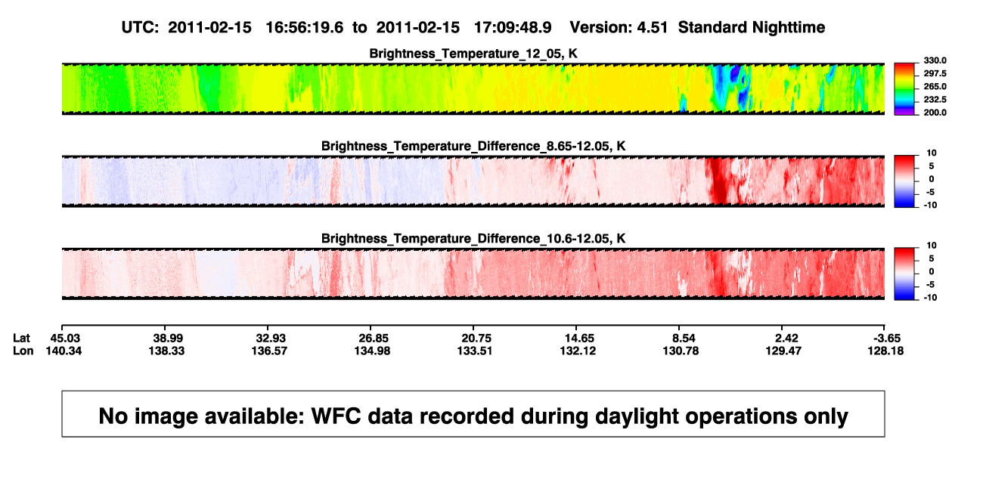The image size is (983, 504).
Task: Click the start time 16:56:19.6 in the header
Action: [304, 28]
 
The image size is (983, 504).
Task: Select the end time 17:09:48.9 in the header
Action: [513, 28]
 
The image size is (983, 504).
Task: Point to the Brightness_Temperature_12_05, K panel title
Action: [473, 54]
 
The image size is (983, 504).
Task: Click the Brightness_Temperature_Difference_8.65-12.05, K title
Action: [473, 146]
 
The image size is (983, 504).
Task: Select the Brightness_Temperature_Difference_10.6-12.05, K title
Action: [473, 239]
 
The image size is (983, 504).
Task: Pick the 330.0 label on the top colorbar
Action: [935, 60]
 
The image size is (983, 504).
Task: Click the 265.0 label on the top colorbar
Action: [935, 86]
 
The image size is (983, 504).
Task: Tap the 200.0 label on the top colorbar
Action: [935, 113]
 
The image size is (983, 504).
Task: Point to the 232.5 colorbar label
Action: [935, 100]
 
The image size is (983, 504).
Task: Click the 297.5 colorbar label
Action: [935, 73]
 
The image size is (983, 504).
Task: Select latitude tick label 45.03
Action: [65, 339]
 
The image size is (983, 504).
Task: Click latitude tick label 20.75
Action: [476, 339]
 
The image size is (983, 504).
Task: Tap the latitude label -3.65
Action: [887, 339]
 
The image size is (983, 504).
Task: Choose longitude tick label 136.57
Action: [269, 351]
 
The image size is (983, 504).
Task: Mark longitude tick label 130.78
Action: [681, 351]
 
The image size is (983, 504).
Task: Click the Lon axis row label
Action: [23, 351]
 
